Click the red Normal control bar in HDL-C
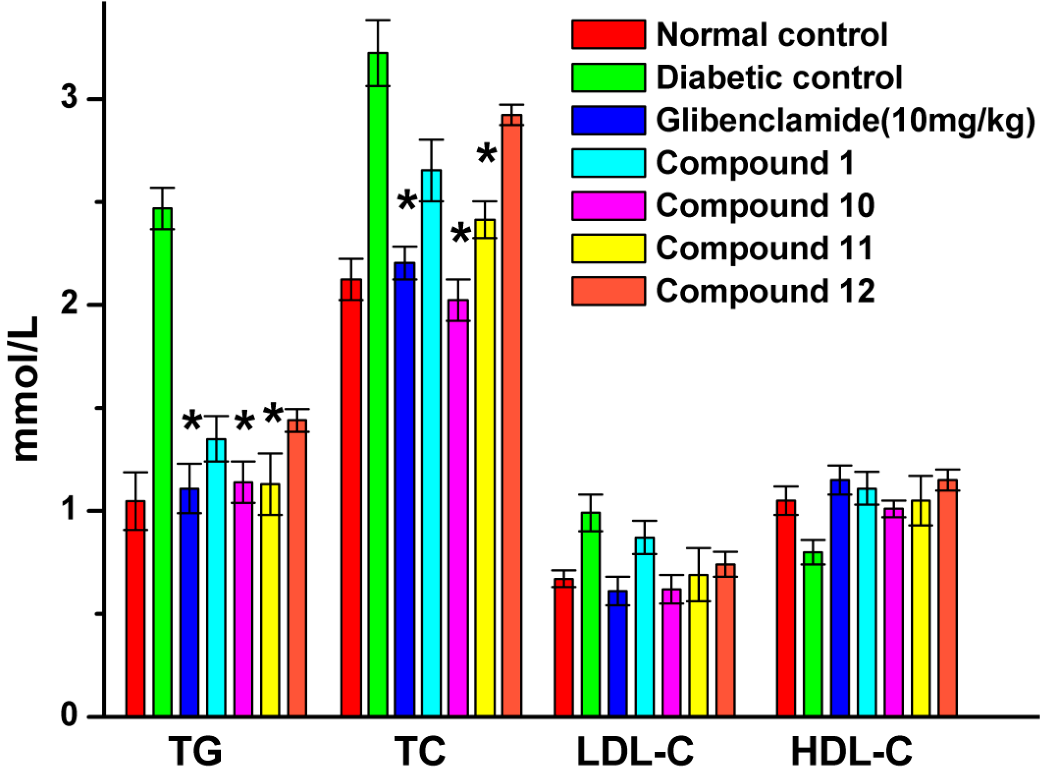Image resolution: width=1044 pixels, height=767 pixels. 786,608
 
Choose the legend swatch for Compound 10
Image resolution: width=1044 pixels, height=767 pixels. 608,205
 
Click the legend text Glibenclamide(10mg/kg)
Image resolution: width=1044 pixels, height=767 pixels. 845,120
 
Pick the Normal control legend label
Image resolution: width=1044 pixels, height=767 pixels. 771,35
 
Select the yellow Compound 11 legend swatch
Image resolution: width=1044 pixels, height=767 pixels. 608,248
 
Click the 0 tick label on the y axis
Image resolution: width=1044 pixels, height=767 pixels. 70,716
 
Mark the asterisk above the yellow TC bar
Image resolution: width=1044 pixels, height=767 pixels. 486,154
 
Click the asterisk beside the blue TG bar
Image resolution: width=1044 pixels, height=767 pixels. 191,421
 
